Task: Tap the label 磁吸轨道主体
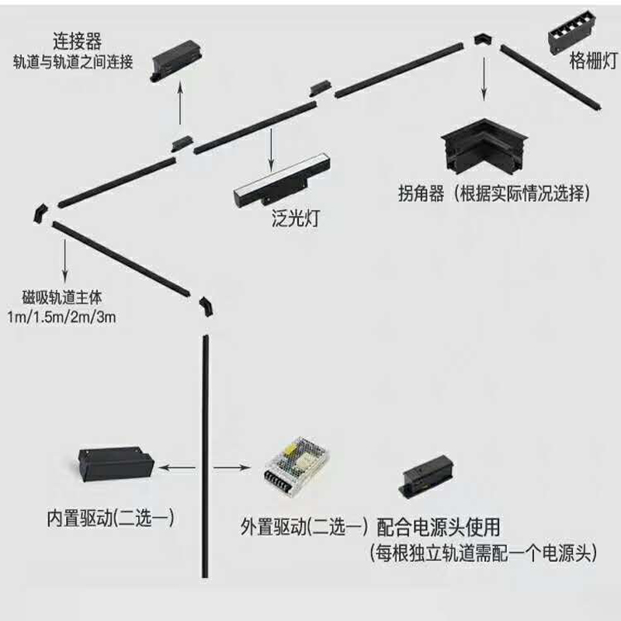coord(63,297)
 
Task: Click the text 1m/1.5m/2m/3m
coord(62,317)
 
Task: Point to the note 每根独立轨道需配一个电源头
coord(482,553)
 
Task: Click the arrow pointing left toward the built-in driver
coord(178,467)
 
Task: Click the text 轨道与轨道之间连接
coord(74,61)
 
